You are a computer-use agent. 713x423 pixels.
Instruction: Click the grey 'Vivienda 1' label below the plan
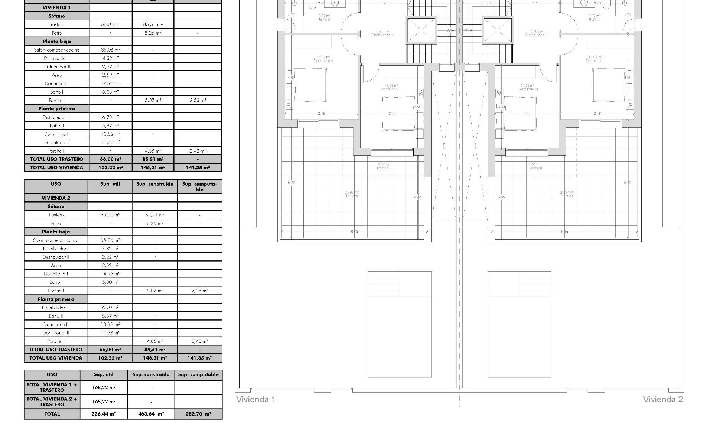256,399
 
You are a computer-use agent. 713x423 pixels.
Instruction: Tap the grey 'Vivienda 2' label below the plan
662,399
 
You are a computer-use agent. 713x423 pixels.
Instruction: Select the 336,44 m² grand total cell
104,414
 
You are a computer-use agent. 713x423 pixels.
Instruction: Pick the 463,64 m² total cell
151,414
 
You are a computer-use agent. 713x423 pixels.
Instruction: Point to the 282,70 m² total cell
198,414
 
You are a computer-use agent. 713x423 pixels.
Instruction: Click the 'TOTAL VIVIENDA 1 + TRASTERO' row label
52,387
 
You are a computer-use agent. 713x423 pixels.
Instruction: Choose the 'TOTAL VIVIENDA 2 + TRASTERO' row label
52,401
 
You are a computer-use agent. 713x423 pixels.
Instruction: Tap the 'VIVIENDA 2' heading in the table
56,198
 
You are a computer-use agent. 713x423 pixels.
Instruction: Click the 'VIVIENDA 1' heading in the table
56,7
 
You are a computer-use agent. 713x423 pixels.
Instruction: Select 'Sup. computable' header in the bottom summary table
198,374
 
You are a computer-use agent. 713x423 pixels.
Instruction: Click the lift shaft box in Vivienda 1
421,30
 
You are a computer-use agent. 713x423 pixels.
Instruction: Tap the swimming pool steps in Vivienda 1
384,284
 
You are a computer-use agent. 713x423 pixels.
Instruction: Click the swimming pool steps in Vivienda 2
535,284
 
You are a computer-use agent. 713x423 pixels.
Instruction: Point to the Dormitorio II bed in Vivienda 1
310,85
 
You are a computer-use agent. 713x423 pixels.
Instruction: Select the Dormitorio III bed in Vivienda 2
520,114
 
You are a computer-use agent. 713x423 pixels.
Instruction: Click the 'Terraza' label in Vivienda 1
352,196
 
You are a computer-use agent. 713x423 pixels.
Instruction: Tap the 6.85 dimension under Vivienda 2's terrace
564,232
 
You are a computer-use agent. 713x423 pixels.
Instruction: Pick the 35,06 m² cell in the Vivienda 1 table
110,50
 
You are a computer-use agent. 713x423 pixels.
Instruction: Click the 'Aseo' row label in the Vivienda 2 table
56,265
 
